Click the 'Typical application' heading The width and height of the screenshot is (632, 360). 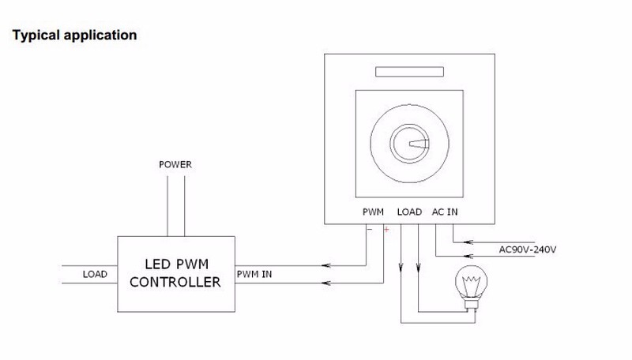75,36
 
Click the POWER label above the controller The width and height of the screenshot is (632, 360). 175,166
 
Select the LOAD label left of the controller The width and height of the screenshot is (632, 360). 95,274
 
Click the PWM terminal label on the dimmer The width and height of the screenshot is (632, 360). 373,212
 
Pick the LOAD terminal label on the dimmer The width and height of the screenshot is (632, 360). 409,212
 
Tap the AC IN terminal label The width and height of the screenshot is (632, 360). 445,212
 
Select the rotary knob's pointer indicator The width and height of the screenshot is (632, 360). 419,144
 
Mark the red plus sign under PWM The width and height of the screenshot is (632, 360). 386,230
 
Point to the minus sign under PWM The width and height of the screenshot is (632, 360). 369,230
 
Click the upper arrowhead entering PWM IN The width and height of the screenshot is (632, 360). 326,265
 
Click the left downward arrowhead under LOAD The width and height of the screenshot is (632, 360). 402,266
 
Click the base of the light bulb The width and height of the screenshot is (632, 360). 475,303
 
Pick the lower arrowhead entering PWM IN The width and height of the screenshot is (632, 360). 326,281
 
